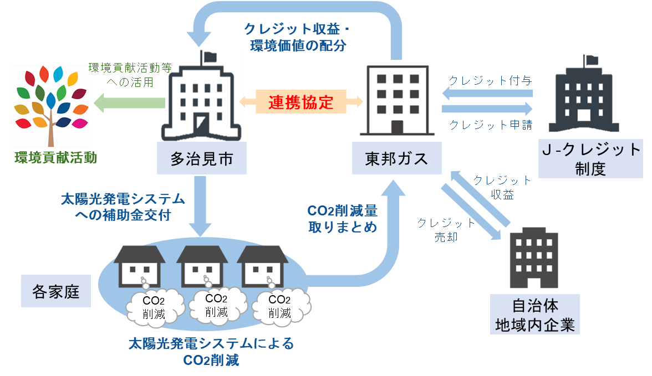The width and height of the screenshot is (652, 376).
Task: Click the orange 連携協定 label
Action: (300, 102)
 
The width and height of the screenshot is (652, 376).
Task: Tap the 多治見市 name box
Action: (202, 158)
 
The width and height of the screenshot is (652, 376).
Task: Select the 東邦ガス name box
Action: (397, 158)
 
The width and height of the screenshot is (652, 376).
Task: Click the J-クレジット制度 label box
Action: (590, 159)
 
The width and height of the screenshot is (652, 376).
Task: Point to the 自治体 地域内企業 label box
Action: (534, 315)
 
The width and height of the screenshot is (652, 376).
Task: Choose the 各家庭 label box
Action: (55, 291)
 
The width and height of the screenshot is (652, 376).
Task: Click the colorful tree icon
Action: (51, 106)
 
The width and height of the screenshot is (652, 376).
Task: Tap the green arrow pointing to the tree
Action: (129, 102)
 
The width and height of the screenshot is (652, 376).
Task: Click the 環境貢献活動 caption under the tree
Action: (55, 157)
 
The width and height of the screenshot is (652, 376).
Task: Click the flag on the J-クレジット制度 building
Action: (591, 60)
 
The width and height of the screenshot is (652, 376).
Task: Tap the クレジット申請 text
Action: (491, 125)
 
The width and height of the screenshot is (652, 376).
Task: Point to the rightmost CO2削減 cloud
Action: (281, 307)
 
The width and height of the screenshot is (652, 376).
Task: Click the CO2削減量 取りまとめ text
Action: (343, 219)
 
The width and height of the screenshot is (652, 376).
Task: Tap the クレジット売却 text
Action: (446, 230)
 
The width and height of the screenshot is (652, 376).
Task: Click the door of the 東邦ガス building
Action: (397, 127)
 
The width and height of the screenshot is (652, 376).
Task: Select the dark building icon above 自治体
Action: (534, 257)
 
